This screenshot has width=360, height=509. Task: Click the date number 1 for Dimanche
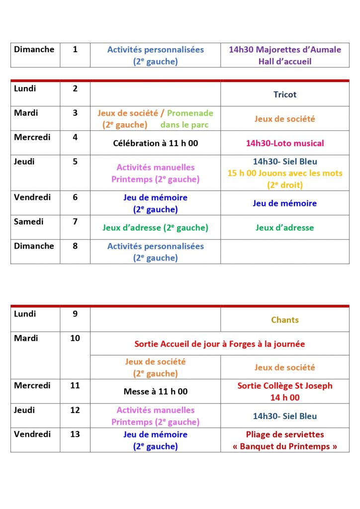tap(75, 49)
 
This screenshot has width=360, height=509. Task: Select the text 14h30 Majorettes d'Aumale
tap(285, 50)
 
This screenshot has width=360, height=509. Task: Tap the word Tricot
tap(285, 94)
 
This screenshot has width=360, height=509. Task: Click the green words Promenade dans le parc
tap(187, 119)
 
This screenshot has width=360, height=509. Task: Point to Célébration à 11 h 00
tap(156, 143)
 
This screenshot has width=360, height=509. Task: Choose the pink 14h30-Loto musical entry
tap(285, 143)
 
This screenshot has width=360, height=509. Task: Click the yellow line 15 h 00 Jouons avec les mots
tap(285, 173)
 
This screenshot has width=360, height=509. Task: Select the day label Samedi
tap(28, 222)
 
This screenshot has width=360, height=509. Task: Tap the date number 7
tap(75, 222)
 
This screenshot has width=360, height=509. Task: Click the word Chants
tap(285, 320)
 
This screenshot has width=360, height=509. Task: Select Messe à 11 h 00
tap(156, 392)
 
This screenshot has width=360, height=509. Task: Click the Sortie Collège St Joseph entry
tap(285, 386)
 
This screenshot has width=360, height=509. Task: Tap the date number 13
tap(75, 434)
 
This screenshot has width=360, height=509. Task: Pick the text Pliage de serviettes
tap(285, 434)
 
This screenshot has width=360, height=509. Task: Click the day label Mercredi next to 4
tap(32, 137)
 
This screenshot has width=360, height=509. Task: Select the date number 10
tap(75, 338)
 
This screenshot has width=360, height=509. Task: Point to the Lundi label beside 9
tap(25, 314)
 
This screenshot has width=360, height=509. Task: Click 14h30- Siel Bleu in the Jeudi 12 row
tap(285, 416)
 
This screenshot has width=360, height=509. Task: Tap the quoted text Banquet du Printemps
tap(285, 446)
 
